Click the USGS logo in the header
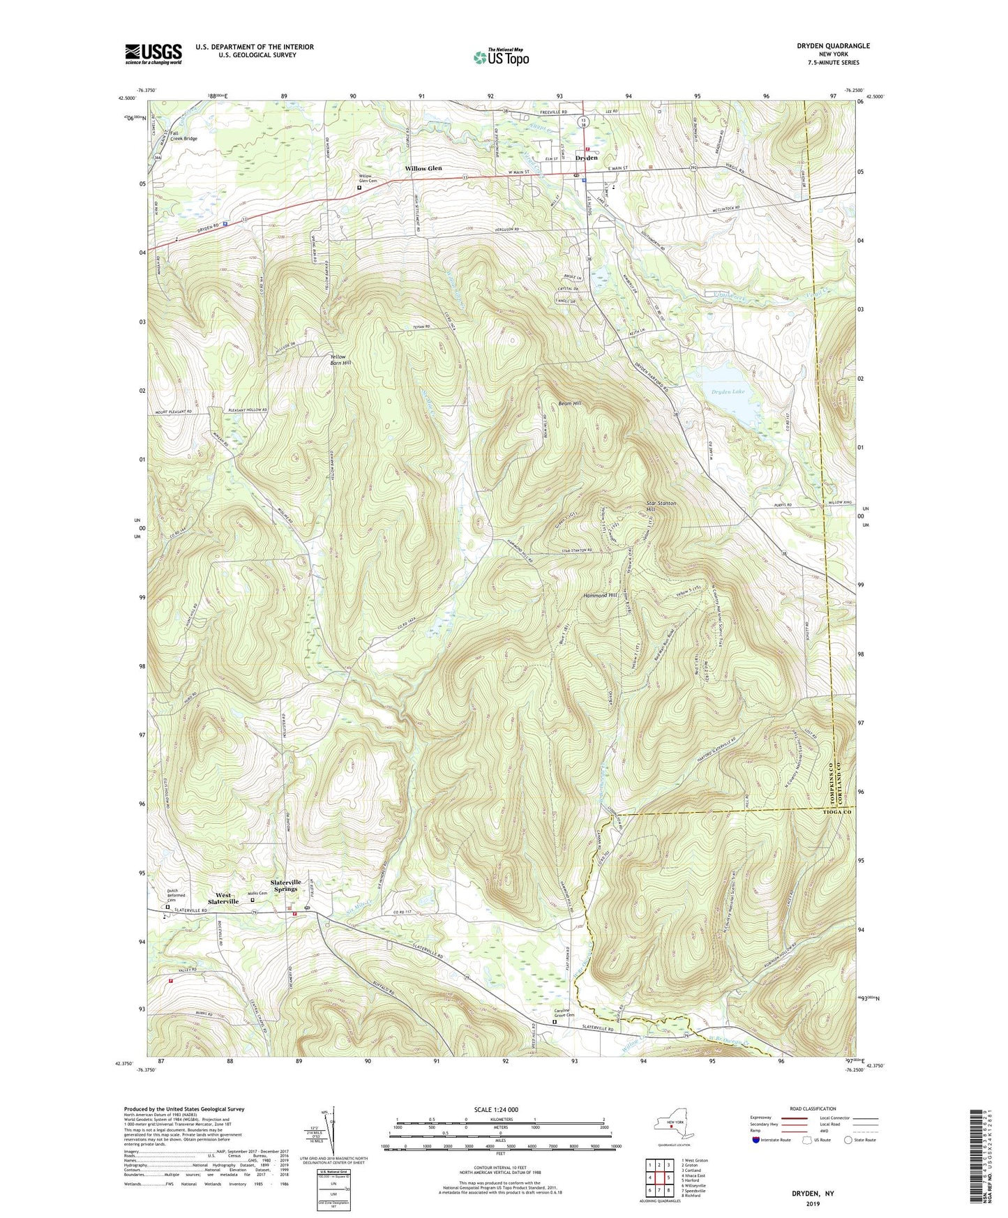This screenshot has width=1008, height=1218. click(153, 54)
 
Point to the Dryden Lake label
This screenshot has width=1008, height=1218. click(728, 391)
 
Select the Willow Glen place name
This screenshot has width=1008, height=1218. click(423, 169)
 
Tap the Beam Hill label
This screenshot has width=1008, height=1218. click(569, 403)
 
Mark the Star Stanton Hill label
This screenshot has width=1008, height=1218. click(661, 506)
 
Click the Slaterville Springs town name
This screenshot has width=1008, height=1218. click(286, 885)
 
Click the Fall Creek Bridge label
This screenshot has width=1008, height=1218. click(183, 135)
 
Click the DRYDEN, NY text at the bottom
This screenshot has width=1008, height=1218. click(811, 1194)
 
